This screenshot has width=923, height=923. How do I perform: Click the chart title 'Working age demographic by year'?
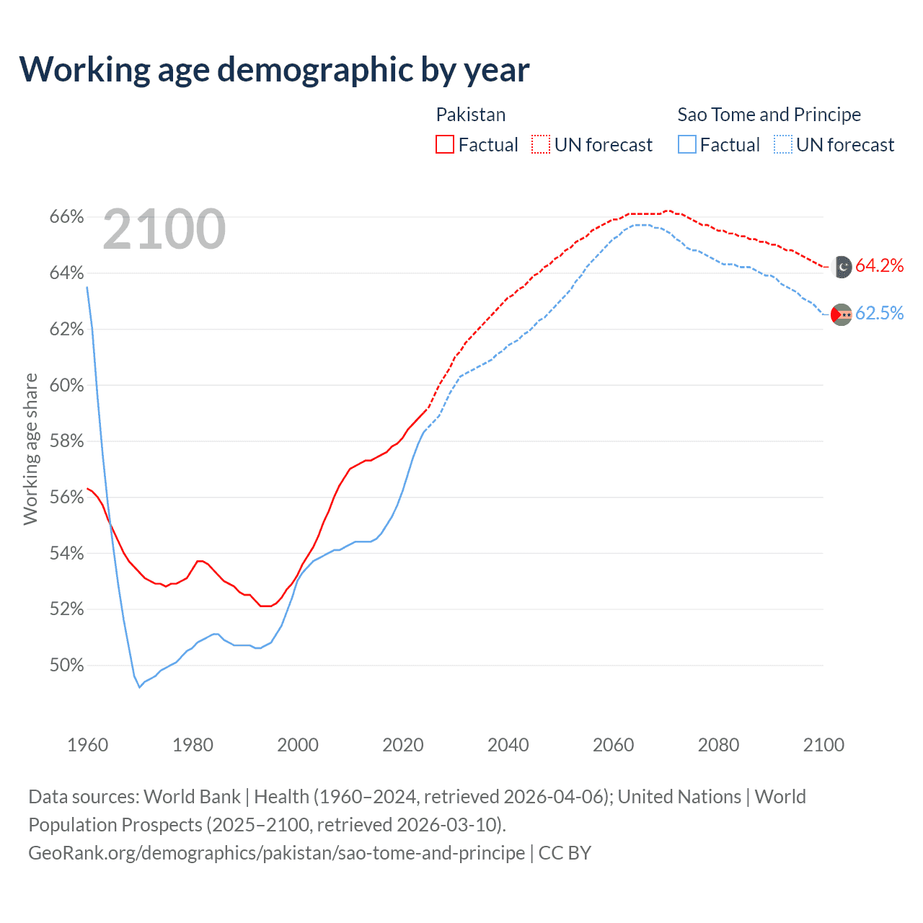point(274,70)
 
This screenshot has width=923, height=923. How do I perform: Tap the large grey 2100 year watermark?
point(164,229)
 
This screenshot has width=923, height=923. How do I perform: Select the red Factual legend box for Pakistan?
point(445,145)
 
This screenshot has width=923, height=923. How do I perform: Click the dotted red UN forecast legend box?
point(541,145)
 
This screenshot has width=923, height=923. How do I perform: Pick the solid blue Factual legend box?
point(687,145)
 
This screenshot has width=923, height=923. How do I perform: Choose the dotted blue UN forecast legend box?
point(783,145)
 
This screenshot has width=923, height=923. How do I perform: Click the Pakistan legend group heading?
point(471,115)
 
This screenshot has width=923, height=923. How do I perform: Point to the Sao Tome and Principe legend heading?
point(769,115)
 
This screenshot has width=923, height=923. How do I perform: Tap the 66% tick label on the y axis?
point(67,217)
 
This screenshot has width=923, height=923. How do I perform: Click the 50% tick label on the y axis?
point(67,666)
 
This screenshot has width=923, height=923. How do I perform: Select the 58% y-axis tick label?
point(67,441)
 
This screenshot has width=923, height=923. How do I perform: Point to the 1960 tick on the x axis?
point(88,745)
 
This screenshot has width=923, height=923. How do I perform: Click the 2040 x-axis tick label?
point(508,745)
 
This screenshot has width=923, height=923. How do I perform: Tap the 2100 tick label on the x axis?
point(823,745)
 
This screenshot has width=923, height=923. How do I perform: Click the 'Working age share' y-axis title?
point(30,449)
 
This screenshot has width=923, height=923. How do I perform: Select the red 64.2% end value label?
point(879,266)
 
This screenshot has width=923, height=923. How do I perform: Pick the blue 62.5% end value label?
point(879,314)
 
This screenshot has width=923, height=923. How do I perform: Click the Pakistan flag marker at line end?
point(842,267)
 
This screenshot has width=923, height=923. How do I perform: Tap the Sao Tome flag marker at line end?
point(842,314)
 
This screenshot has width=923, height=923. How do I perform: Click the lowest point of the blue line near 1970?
point(140,687)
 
